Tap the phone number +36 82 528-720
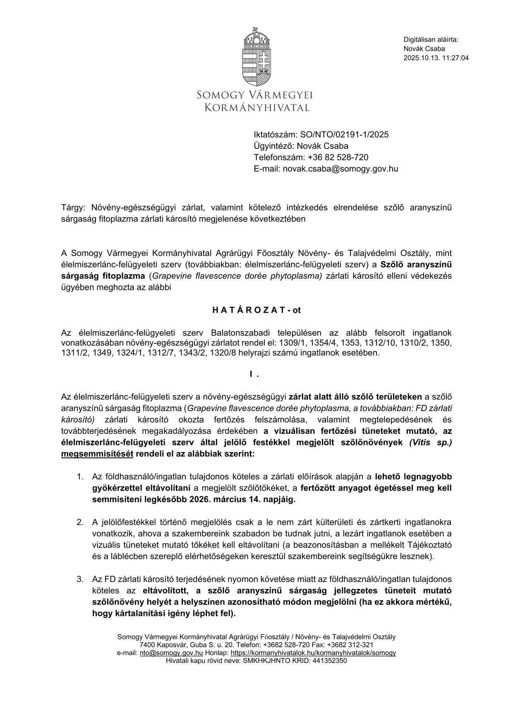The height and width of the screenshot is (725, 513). pyautogui.click(x=338, y=158)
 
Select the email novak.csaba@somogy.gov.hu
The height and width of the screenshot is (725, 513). pyautogui.click(x=340, y=169)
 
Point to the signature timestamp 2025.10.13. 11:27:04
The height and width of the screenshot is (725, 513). pyautogui.click(x=436, y=58)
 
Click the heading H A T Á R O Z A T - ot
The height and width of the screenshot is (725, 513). pyautogui.click(x=256, y=310)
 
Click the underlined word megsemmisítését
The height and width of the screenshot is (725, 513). pyautogui.click(x=97, y=454)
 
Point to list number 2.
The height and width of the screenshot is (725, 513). pyautogui.click(x=80, y=522)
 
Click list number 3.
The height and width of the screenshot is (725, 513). pyautogui.click(x=80, y=579)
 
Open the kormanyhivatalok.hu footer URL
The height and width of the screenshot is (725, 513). pyautogui.click(x=313, y=653)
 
